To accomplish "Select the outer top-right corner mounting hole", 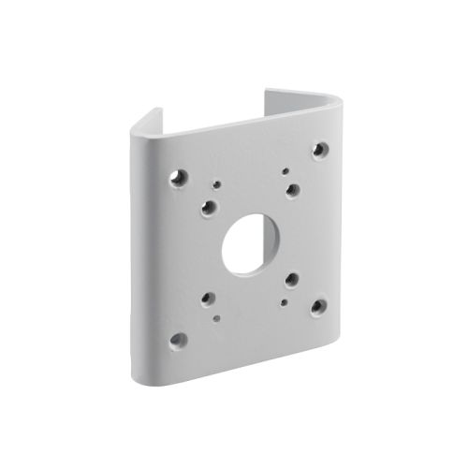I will point(320,149).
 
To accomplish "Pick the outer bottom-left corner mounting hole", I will point(178,340).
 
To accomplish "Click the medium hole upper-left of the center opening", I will point(208,208).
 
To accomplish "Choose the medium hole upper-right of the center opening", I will point(293,190).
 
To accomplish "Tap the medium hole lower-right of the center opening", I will point(292,279).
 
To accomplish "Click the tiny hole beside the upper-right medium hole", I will point(284,172).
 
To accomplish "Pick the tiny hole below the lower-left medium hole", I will point(217,318).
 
